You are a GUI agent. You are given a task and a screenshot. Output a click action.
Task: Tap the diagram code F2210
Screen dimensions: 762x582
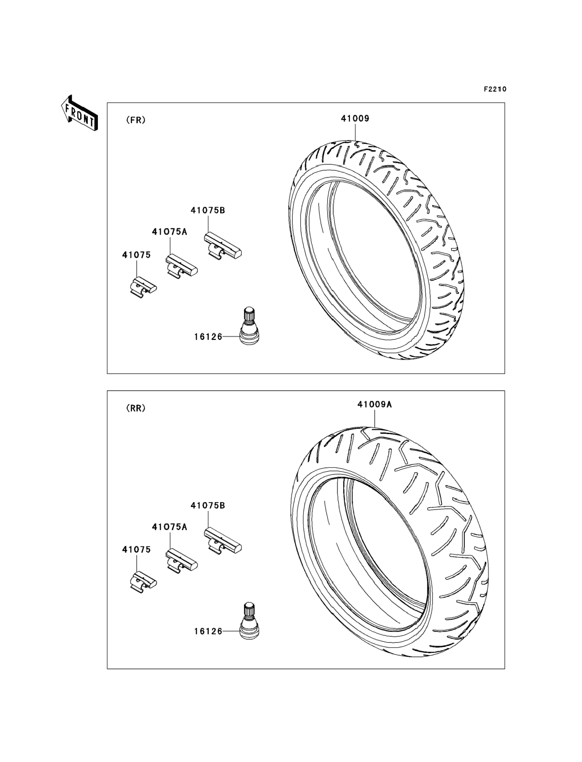495,89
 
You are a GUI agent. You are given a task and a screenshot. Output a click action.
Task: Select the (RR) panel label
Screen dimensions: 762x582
136,408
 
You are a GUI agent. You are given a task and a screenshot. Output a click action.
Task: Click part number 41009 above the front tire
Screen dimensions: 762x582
355,118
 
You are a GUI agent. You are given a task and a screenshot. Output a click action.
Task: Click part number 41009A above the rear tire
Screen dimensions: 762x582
375,404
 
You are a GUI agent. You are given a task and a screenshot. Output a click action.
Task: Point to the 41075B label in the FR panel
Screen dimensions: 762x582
208,210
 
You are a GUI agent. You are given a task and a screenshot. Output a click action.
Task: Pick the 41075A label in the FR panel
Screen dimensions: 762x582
169,232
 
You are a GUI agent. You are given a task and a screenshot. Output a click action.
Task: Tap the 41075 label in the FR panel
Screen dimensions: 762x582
136,255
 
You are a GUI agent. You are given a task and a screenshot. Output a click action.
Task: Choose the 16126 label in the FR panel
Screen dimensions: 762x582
208,337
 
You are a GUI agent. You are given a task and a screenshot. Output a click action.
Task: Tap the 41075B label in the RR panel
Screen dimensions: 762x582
208,505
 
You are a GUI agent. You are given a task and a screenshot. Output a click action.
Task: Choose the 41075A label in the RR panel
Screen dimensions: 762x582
169,527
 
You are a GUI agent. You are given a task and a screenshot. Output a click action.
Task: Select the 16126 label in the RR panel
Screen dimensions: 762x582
208,631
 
